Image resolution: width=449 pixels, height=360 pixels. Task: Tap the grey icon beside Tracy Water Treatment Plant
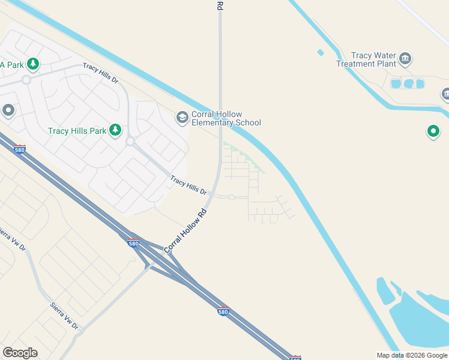click(406, 58)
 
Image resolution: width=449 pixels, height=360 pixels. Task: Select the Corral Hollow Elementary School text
click(226, 119)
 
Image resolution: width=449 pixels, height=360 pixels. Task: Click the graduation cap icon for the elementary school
click(182, 118)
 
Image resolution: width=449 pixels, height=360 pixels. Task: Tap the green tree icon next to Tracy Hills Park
click(115, 130)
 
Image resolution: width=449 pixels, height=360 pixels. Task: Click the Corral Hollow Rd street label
click(185, 230)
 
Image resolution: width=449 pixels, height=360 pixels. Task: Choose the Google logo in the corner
click(20, 353)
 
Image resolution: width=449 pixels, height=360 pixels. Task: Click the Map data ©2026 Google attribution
click(412, 355)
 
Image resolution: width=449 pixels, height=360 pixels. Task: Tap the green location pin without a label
click(433, 131)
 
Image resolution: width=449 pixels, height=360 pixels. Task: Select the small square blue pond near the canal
click(321, 53)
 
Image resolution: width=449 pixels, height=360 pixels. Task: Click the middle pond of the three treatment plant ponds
click(409, 83)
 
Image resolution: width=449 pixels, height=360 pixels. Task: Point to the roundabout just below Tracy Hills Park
click(130, 142)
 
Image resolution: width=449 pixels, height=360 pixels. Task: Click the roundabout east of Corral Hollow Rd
click(232, 197)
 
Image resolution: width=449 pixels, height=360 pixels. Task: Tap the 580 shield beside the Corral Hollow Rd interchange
click(133, 243)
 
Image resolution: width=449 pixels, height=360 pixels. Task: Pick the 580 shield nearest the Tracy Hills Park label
click(20, 149)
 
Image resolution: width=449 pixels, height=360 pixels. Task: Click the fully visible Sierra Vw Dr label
click(64, 316)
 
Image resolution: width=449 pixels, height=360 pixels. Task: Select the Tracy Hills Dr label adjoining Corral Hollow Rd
click(188, 185)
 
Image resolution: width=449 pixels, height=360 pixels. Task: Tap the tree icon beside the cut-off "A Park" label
click(33, 63)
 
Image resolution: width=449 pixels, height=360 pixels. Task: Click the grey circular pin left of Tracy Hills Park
click(8, 110)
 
